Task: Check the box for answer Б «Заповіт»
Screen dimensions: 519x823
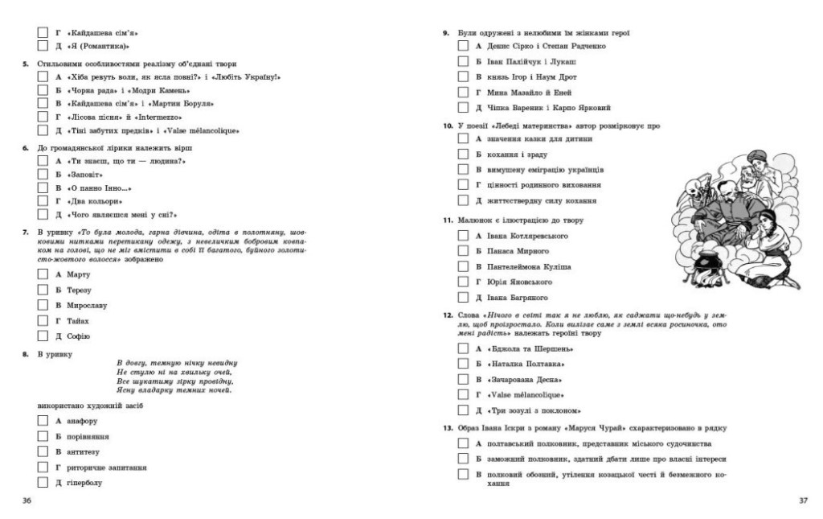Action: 43,174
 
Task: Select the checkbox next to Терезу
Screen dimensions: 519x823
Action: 43,290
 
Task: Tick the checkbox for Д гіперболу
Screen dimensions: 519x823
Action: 43,483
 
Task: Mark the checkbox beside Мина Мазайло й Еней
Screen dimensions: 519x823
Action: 463,92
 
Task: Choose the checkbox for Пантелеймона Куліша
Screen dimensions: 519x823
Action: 463,266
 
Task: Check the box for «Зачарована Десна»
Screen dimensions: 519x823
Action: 463,379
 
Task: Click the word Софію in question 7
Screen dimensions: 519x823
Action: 79,336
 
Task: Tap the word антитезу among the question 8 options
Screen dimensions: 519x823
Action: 87,452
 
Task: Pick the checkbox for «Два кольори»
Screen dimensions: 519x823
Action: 43,200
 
